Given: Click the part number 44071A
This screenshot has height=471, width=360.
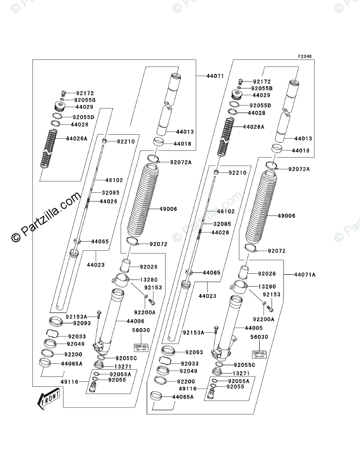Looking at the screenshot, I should (x=305, y=274).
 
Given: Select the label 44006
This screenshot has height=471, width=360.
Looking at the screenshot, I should (x=135, y=321).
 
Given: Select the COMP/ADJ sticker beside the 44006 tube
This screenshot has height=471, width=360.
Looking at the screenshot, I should (x=141, y=347).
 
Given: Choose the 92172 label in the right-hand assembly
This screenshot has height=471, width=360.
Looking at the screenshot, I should (x=261, y=82).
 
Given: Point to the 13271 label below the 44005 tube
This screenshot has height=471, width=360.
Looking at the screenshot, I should (x=241, y=373).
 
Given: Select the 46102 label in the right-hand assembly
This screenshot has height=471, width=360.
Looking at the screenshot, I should (x=226, y=211).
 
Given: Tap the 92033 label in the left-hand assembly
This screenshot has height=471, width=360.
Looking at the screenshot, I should (x=77, y=336).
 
